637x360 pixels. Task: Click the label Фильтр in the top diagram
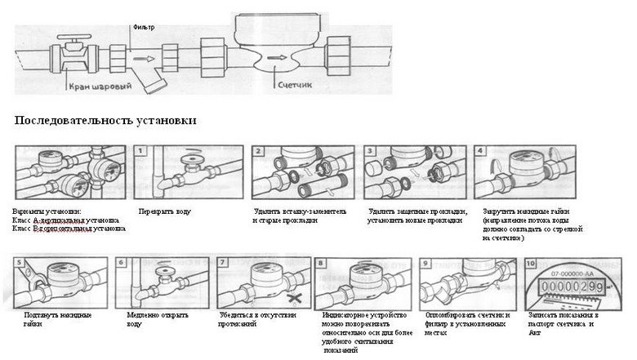click(143, 27)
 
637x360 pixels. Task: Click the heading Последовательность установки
click(105, 121)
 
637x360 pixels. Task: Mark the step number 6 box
click(122, 263)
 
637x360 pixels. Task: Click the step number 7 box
click(222, 263)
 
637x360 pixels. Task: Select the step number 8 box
click(321, 263)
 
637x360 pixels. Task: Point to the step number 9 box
click(426, 263)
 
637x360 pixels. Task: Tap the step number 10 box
click(532, 263)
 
